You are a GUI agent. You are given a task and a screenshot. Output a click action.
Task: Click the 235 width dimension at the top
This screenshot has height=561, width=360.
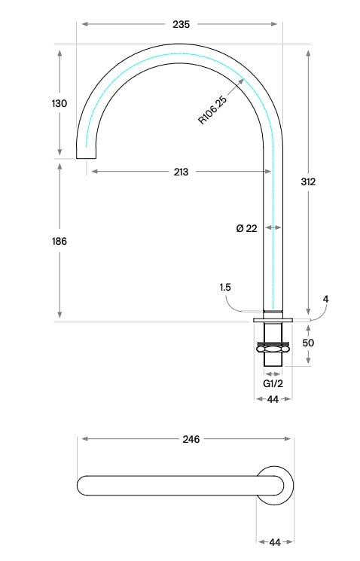181,24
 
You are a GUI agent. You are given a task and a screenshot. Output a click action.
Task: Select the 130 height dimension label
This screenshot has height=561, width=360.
60,103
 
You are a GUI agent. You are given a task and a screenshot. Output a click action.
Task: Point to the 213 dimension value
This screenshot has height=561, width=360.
181,172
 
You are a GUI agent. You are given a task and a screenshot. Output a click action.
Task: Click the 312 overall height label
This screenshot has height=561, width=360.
307,181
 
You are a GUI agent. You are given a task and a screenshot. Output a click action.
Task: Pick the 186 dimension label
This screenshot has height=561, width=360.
60,242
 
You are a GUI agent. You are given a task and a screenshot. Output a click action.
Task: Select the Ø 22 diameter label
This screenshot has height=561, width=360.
246,228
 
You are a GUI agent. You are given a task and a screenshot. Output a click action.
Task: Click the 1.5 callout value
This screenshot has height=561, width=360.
225,287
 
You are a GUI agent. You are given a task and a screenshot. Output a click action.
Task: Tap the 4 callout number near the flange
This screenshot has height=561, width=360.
325,299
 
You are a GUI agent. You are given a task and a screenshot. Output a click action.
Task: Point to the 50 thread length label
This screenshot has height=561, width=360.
307,343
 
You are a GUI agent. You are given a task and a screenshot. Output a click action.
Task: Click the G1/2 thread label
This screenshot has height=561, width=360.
273,383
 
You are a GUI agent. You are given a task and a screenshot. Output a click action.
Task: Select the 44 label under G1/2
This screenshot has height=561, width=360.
273,399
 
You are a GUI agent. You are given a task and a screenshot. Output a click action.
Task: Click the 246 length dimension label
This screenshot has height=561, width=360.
191,439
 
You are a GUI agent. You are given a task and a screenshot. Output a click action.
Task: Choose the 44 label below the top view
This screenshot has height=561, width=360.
274,541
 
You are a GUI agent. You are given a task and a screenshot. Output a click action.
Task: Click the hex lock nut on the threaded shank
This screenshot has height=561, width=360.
273,348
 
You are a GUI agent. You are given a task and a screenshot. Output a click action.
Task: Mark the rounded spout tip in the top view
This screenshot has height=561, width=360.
83,486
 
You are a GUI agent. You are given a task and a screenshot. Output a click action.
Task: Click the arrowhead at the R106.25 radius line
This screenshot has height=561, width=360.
240,81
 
